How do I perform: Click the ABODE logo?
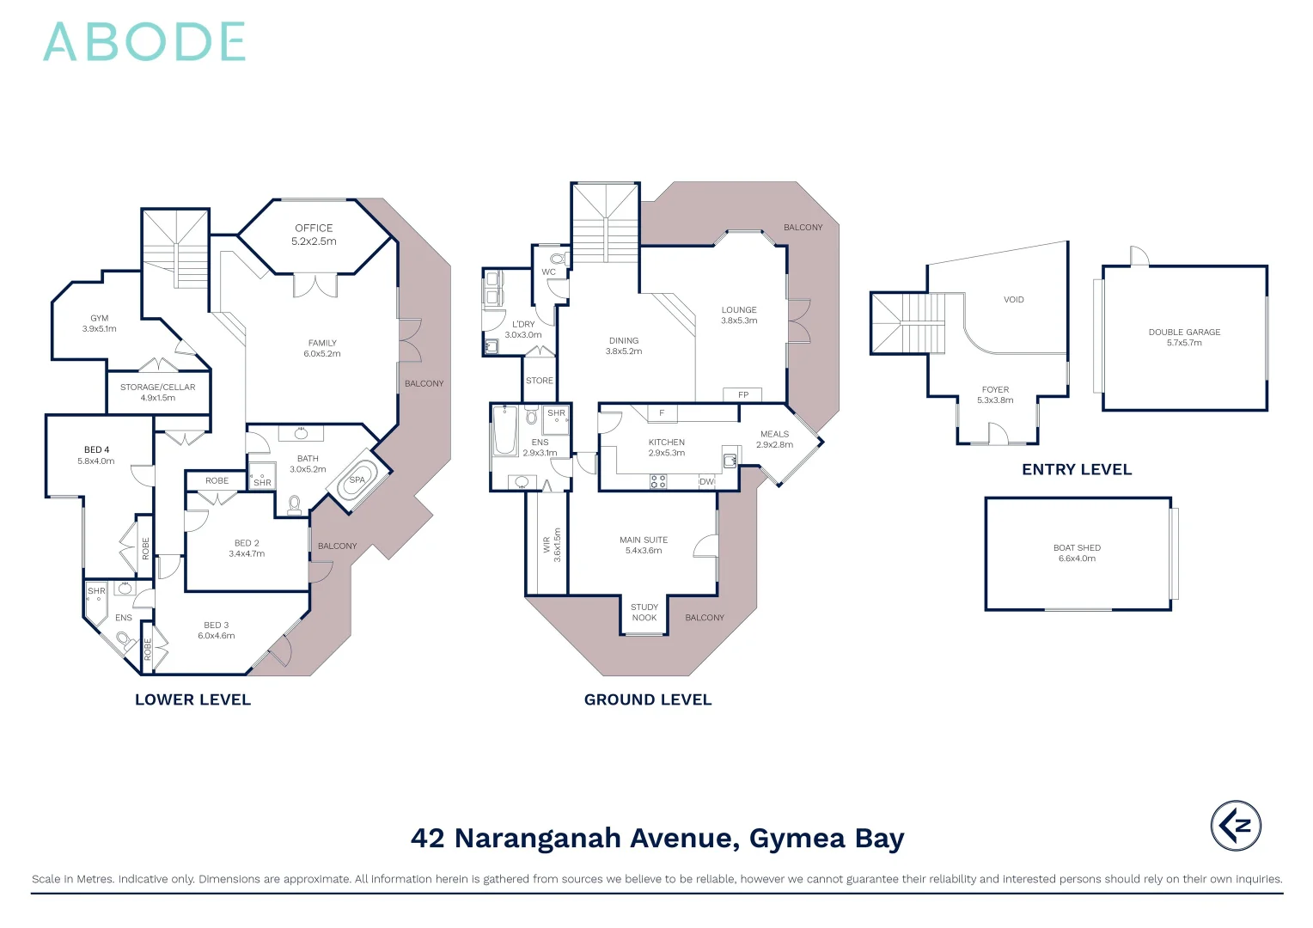pos(144,42)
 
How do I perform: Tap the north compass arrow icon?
pos(1236,826)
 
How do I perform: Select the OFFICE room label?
pos(314,228)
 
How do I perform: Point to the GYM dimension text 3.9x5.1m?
pos(100,329)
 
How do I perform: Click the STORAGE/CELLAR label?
pos(157,388)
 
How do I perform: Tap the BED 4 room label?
pos(96,449)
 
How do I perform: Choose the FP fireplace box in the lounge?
pos(743,395)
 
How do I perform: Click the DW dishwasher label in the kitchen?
pos(706,482)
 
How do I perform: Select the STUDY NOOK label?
pos(644,613)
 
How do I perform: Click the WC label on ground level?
pos(548,272)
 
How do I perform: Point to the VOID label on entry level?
pos(1014,300)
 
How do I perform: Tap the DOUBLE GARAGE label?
pos(1184,332)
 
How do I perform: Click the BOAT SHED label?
pos(1077,547)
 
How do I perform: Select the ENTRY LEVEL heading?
pos(1077,470)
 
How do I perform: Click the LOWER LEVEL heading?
pos(192,699)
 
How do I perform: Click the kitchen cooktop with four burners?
pos(658,481)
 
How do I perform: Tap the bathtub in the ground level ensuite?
pos(504,432)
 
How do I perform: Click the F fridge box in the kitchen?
pos(662,413)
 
